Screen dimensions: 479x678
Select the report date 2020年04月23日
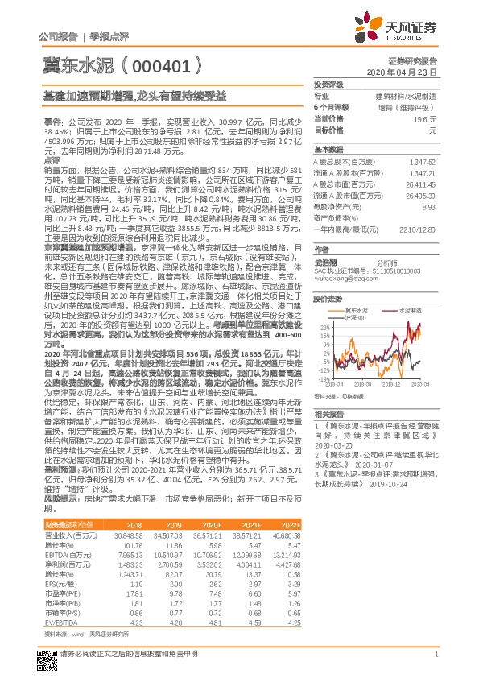point(410,72)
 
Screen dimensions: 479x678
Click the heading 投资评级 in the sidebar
point(328,84)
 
